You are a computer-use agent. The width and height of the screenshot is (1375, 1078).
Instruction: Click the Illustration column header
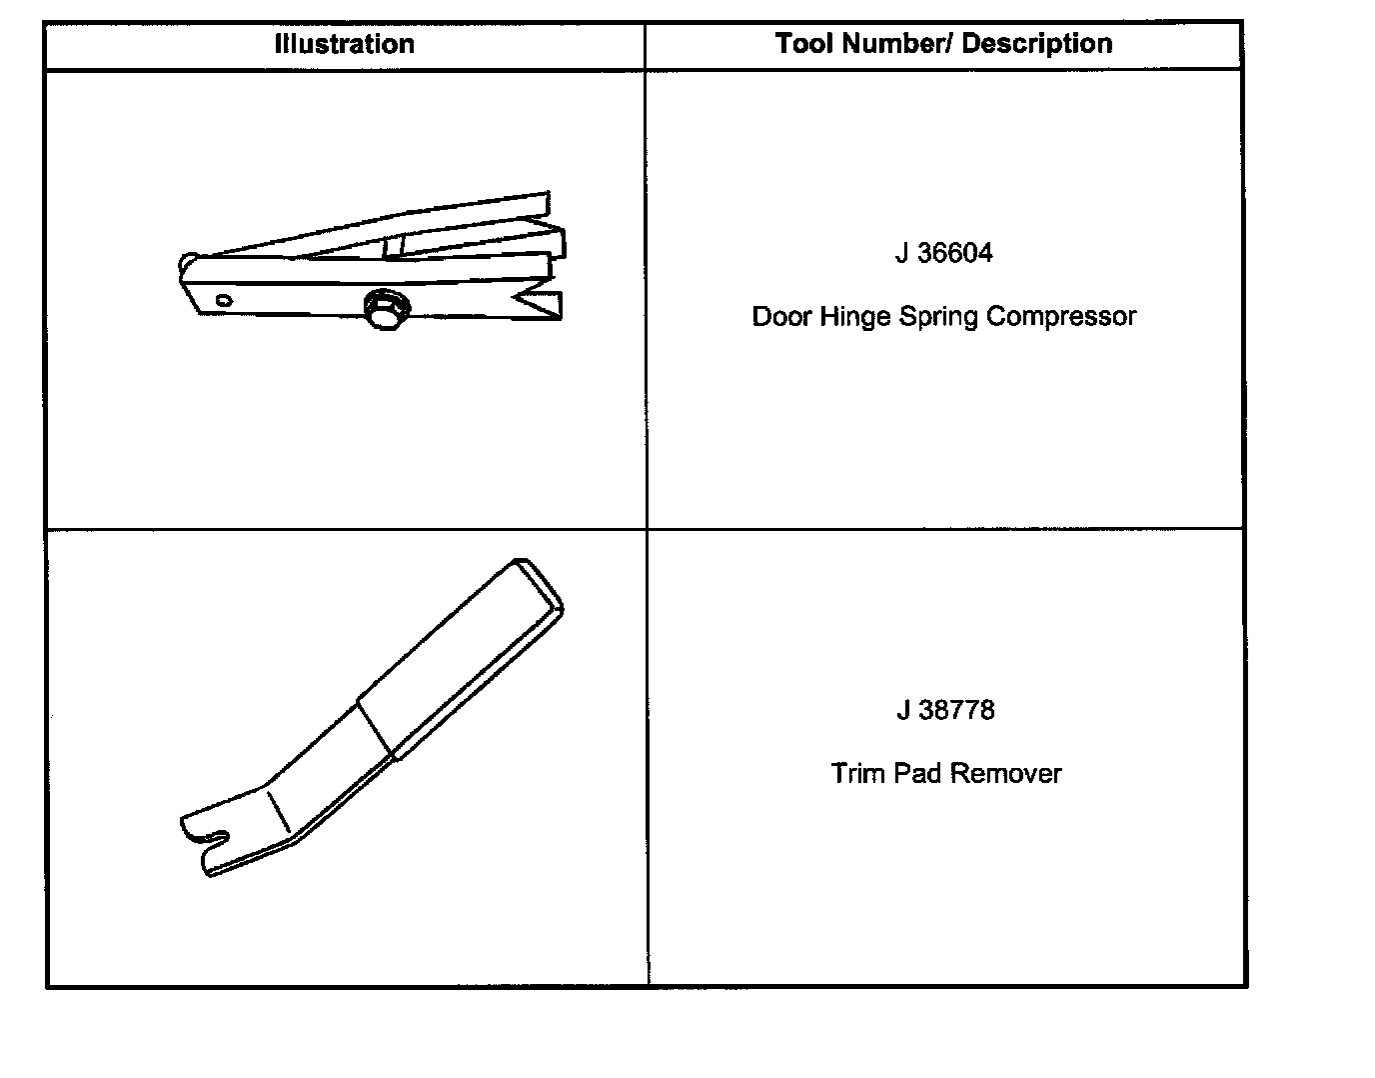tap(344, 45)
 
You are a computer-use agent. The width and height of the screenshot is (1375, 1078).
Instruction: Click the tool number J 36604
tap(943, 253)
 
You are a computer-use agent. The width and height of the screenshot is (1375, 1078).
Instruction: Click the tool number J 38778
tap(944, 710)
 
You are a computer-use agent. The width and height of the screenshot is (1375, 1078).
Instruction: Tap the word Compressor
tap(1061, 317)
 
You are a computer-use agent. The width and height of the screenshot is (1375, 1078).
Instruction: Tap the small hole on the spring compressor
tap(224, 299)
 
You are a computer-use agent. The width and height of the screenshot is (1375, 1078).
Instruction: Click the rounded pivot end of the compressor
tap(188, 266)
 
